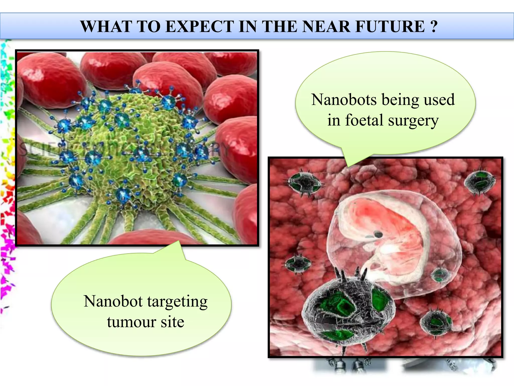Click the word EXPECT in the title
[x=200, y=26]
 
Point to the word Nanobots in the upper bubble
[x=344, y=100]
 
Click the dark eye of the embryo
[x=378, y=234]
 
